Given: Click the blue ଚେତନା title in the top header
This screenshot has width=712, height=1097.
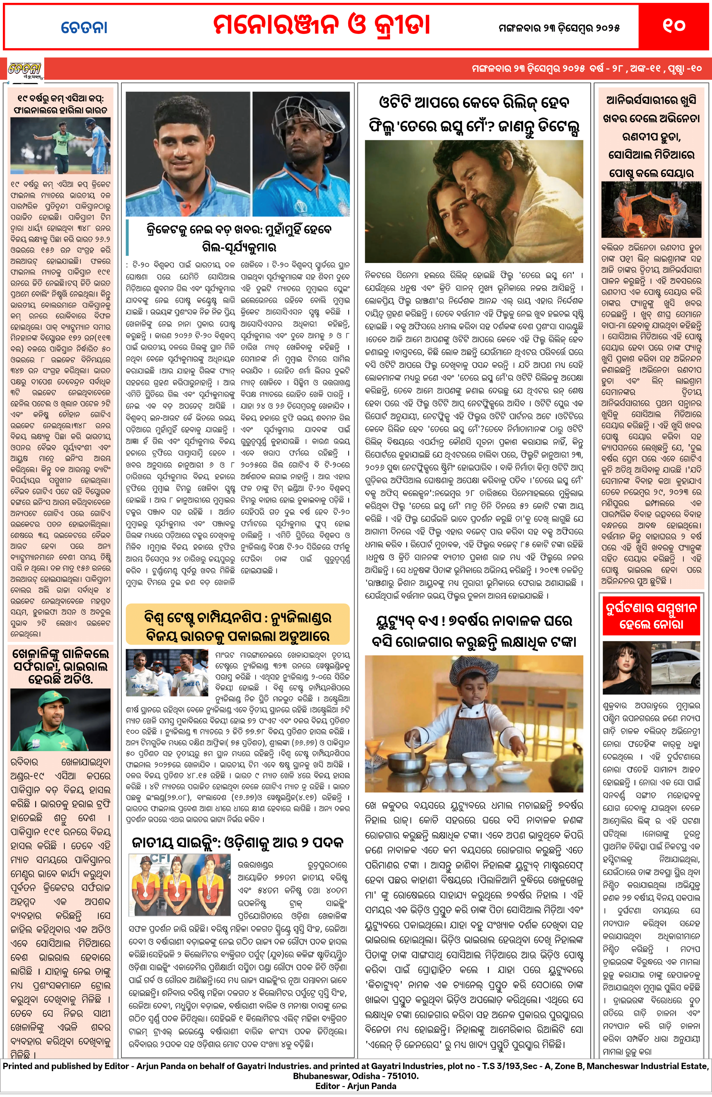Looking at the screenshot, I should tap(84, 27).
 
